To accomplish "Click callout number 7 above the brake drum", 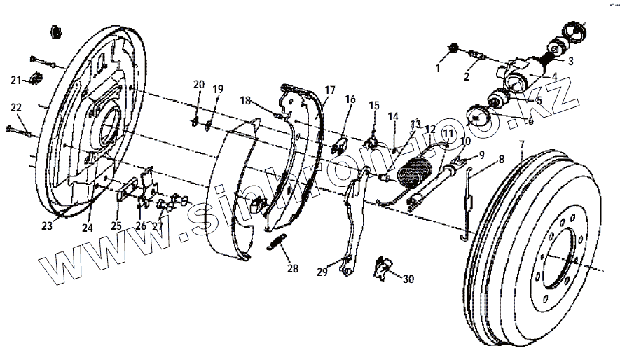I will point(521,145).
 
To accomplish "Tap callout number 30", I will point(408,279).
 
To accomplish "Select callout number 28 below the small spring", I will point(292,268).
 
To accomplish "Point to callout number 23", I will point(47,226).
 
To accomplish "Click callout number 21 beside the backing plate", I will point(15,80).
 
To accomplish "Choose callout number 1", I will point(438,69).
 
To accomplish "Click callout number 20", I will point(199,85).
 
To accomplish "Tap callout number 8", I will point(501,160).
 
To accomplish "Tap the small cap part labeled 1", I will point(453,48).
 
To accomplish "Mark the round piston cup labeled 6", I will point(478,117).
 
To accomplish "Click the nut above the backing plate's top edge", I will point(54,32).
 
